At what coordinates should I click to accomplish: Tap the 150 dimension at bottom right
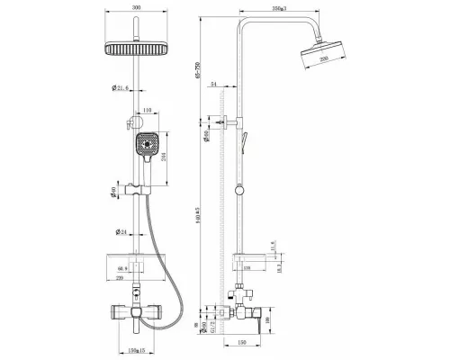244,342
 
